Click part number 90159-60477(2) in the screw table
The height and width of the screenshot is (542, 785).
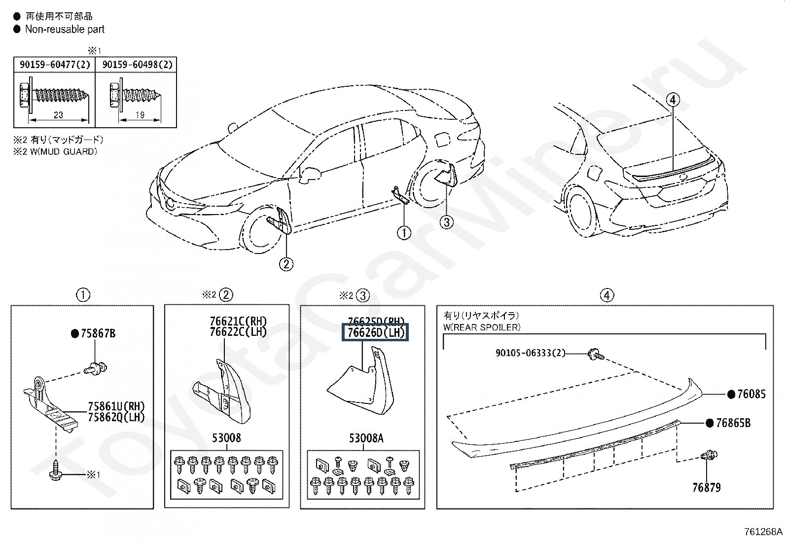[55, 65]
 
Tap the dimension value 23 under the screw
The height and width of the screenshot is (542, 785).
[58, 115]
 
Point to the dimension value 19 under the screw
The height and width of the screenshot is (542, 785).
[140, 115]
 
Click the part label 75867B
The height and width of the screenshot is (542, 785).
[97, 334]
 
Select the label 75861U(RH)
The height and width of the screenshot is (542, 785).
[116, 407]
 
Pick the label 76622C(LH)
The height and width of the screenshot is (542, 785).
[238, 332]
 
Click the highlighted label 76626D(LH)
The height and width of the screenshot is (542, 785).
[376, 332]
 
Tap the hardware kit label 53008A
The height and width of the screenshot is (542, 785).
[366, 438]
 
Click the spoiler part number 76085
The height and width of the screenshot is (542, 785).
[751, 394]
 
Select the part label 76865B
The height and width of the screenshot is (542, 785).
[733, 423]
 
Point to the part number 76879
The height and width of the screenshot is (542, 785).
[706, 488]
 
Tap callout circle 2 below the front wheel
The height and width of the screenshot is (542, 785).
[286, 264]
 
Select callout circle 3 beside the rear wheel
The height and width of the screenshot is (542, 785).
[446, 222]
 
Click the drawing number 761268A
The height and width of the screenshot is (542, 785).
[763, 532]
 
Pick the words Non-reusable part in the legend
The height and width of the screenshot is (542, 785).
[65, 29]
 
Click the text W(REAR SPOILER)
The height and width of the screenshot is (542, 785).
[482, 327]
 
